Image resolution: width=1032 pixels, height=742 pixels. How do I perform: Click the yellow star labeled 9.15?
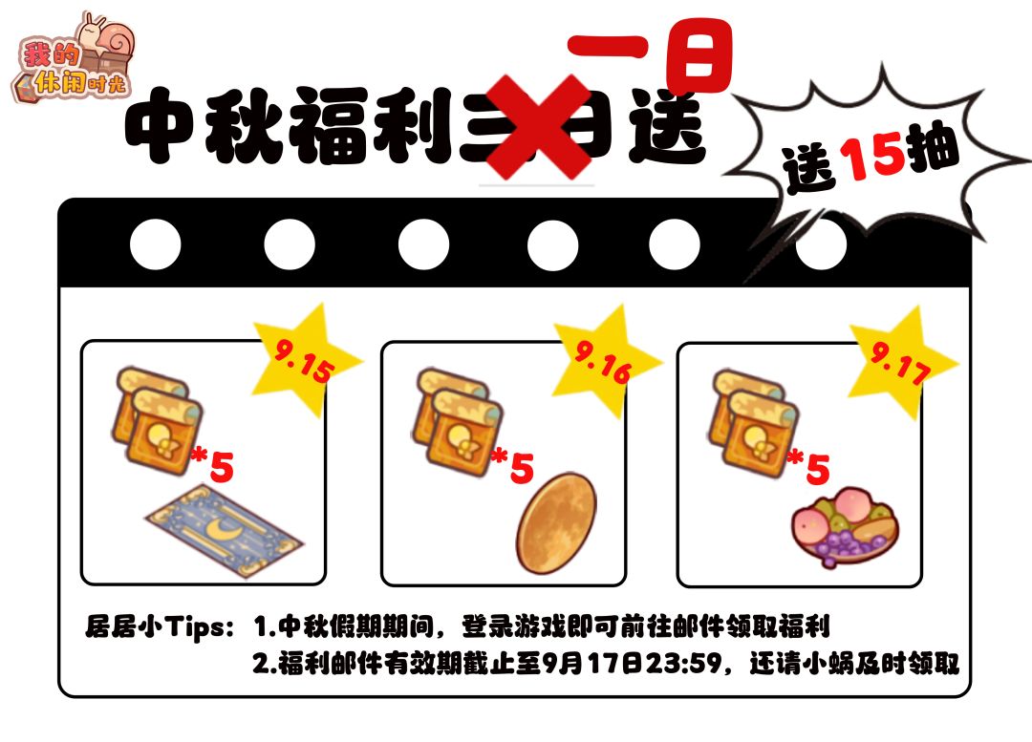point(307,358)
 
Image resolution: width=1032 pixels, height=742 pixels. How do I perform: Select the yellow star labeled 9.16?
point(607,360)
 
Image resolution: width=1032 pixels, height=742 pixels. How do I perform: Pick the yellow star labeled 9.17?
point(903,363)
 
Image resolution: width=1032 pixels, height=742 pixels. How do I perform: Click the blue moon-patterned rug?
point(225,530)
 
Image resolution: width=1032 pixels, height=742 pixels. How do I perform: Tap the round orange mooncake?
point(556,523)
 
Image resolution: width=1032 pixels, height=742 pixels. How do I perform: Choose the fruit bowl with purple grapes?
point(845,529)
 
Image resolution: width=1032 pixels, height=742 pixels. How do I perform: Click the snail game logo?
point(73,60)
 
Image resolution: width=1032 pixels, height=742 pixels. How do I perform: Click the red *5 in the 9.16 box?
point(513,465)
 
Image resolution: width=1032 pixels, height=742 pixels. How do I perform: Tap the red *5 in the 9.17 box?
point(809,466)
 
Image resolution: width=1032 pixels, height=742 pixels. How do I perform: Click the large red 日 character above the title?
point(699,57)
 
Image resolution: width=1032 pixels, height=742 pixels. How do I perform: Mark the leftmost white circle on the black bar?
point(156,244)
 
